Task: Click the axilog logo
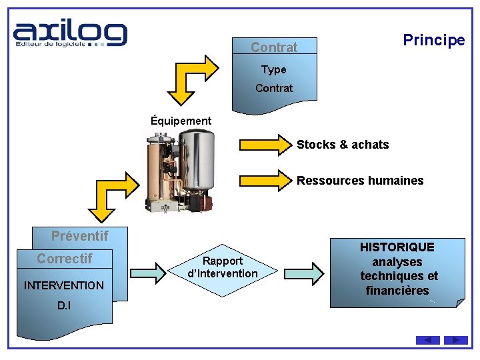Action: click(x=69, y=33)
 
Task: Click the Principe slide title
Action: click(x=433, y=40)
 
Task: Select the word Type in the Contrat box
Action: click(x=273, y=69)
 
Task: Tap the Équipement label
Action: click(x=181, y=121)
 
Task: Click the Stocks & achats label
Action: click(x=343, y=145)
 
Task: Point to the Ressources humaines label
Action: click(x=360, y=181)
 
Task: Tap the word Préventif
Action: click(x=79, y=236)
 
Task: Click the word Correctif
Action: click(x=65, y=259)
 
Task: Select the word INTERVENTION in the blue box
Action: click(x=64, y=285)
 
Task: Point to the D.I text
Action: click(x=64, y=307)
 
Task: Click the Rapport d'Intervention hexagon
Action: click(x=223, y=267)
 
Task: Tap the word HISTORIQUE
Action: click(x=397, y=247)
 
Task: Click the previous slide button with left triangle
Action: click(x=428, y=340)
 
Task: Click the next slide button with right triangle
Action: click(x=456, y=340)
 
